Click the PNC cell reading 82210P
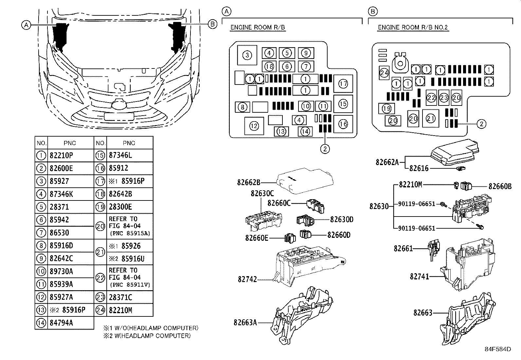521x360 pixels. pyautogui.click(x=61, y=156)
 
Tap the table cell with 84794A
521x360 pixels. pyautogui.click(x=61, y=323)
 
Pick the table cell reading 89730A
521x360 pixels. pyautogui.click(x=61, y=272)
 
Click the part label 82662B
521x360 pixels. pyautogui.click(x=249, y=182)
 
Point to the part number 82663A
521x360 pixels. pyautogui.click(x=245, y=322)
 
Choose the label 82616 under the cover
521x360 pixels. pyautogui.click(x=419, y=168)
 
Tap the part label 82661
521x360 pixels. pyautogui.click(x=403, y=249)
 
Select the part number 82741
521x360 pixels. pyautogui.click(x=420, y=276)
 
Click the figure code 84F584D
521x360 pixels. pyautogui.click(x=498, y=349)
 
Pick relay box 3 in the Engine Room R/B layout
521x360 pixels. pyautogui.click(x=247, y=55)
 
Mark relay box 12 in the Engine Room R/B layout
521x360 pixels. pyautogui.click(x=254, y=126)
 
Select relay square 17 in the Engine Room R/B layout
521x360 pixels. pyautogui.click(x=343, y=84)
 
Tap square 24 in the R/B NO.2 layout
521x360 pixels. pyautogui.click(x=384, y=73)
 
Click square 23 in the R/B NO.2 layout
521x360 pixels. pyautogui.click(x=444, y=98)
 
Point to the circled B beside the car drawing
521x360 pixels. pyautogui.click(x=212, y=24)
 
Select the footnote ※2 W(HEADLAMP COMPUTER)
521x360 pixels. pyautogui.click(x=147, y=336)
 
